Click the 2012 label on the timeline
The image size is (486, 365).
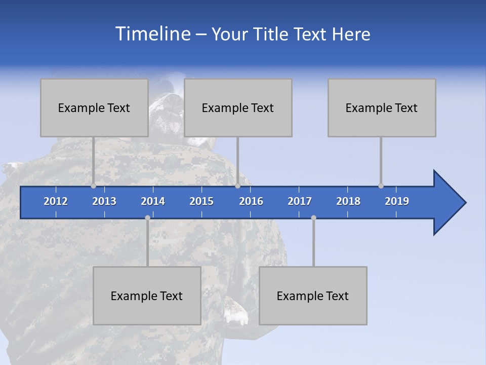click(x=56, y=201)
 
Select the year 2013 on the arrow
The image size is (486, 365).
click(x=104, y=201)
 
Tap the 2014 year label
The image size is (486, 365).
click(x=153, y=201)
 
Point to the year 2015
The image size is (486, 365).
click(x=201, y=201)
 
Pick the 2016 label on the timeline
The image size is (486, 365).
click(x=251, y=201)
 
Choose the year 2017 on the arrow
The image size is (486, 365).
click(x=300, y=201)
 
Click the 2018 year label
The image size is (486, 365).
click(x=348, y=201)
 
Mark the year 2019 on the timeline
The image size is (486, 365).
click(x=397, y=201)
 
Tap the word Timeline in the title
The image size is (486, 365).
click(x=152, y=34)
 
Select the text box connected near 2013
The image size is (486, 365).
click(x=94, y=107)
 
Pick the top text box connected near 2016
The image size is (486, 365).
click(x=238, y=107)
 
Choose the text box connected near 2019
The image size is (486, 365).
click(x=382, y=107)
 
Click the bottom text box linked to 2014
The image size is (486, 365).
click(x=147, y=296)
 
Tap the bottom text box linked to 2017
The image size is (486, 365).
click(x=313, y=296)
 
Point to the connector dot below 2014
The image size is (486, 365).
click(x=147, y=217)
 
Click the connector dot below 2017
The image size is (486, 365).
click(x=313, y=217)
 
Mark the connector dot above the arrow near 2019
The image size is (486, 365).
click(x=381, y=186)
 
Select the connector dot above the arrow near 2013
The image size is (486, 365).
click(x=93, y=186)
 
